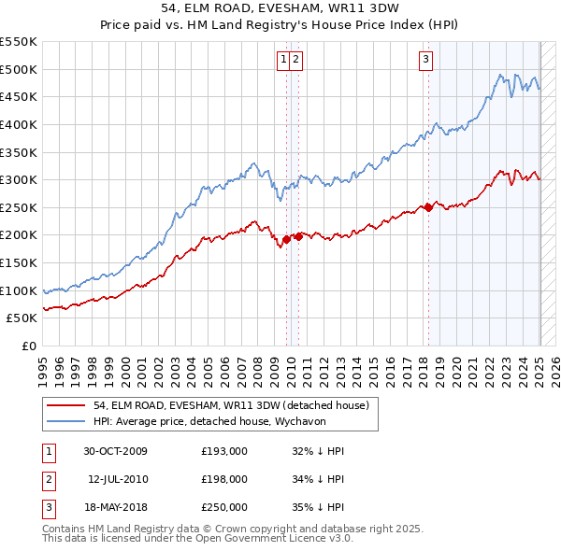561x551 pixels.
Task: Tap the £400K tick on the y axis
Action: coord(19,124)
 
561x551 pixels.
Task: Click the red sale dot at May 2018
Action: coord(428,207)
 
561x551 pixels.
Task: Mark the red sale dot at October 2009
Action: coord(287,239)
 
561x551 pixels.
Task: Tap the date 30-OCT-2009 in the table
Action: coord(115,451)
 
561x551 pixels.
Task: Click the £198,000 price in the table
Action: coord(224,479)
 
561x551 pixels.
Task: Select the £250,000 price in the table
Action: coord(224,507)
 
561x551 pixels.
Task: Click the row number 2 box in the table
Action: coord(47,479)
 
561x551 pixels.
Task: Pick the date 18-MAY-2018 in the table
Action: coord(115,507)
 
